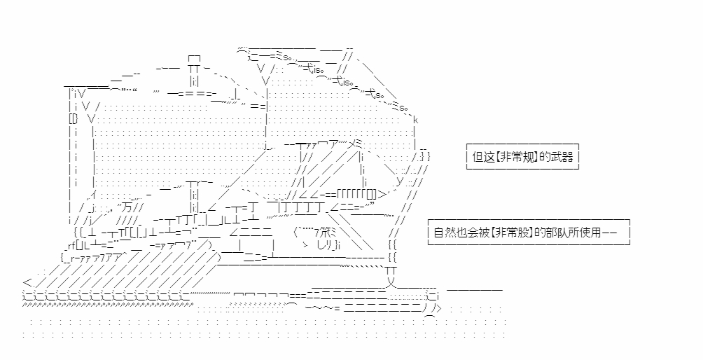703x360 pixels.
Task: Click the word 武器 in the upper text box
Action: click(562, 157)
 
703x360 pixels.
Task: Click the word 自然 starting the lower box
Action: click(443, 231)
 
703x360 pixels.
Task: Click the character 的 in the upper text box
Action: click(542, 157)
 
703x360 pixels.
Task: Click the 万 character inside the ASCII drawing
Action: click(126, 207)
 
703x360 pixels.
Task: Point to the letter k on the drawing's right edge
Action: click(416, 120)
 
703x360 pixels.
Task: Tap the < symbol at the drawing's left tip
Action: click(26, 282)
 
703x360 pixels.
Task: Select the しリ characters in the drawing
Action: click(326, 244)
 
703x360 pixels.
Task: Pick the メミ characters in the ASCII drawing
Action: click(354, 143)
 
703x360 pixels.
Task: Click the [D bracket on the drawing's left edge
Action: click(73, 120)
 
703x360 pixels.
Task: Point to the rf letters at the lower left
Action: click(68, 244)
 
